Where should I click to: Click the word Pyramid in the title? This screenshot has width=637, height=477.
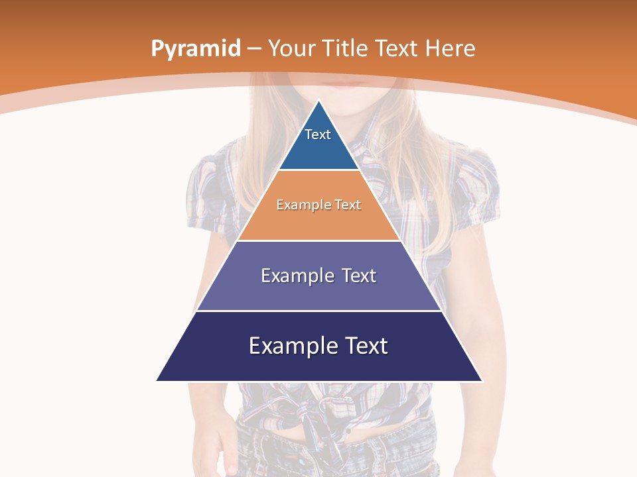click(196, 49)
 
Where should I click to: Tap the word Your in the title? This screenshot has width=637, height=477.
click(292, 49)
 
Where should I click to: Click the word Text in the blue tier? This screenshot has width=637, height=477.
click(318, 134)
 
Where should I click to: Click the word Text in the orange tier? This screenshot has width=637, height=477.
click(348, 205)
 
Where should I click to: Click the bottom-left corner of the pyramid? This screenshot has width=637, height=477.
click(157, 381)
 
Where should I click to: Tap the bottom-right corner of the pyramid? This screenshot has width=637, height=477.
click(482, 381)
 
